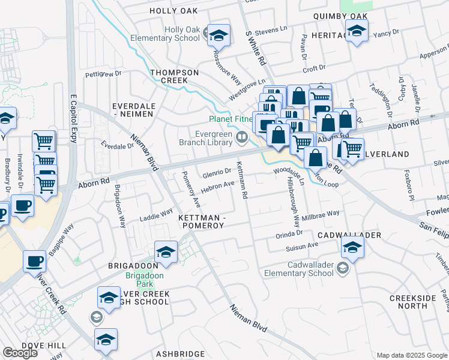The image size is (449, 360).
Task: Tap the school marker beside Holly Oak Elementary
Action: (x=218, y=35)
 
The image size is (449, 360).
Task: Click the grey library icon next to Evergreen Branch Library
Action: (x=241, y=137)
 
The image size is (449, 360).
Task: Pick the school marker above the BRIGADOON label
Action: (x=166, y=253)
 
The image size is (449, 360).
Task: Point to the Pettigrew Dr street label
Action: (x=103, y=75)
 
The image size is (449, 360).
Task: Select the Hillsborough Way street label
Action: (x=294, y=201)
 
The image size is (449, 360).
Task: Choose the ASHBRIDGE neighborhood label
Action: (x=182, y=354)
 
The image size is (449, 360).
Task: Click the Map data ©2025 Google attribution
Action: (x=411, y=355)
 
